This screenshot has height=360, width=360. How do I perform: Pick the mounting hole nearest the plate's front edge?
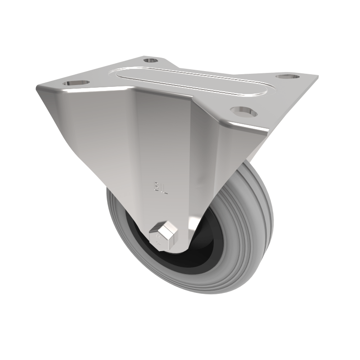click(x=243, y=110)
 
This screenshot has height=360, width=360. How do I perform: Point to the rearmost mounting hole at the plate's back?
click(x=151, y=59)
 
